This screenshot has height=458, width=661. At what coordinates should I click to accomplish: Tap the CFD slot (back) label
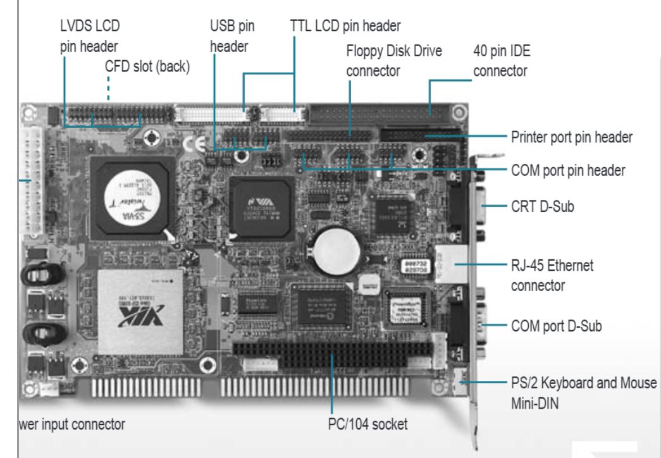(147, 66)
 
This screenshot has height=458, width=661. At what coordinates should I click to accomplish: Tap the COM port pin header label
(567, 170)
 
